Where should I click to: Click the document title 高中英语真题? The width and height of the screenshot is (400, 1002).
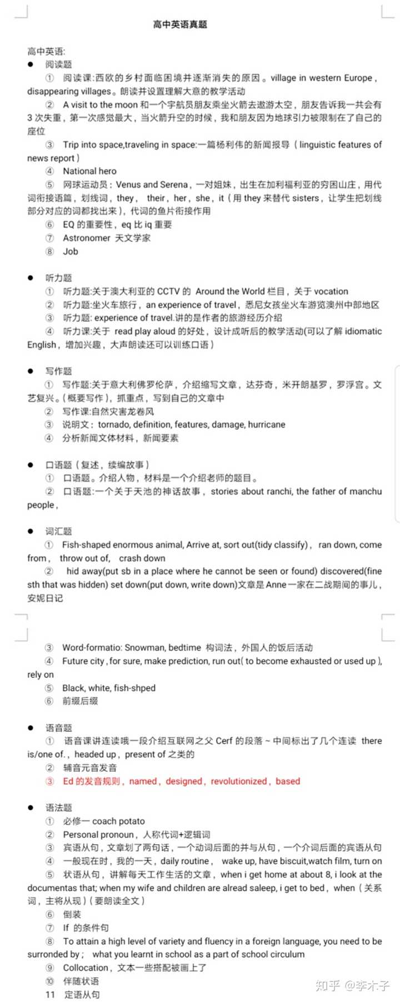click(x=180, y=24)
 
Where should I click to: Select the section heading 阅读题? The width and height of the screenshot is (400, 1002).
click(x=58, y=65)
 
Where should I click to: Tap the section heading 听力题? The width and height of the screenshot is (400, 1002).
click(x=58, y=278)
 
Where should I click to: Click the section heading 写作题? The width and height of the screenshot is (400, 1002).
click(x=58, y=371)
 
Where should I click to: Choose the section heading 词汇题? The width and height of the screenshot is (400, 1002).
click(x=58, y=532)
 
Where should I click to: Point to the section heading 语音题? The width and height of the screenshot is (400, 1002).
click(x=58, y=728)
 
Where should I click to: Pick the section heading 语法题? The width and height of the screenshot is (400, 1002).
click(x=58, y=808)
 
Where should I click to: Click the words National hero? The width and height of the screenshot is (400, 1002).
click(x=89, y=171)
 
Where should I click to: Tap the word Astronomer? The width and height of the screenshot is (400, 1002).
click(x=87, y=238)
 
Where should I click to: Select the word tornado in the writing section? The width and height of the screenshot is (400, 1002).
click(x=114, y=425)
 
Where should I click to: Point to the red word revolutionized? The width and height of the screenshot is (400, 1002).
click(x=239, y=781)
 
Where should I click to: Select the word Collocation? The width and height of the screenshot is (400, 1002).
click(x=86, y=968)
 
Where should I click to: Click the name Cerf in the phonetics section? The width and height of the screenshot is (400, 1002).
click(x=224, y=741)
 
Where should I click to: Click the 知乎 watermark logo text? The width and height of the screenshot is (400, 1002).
click(x=327, y=986)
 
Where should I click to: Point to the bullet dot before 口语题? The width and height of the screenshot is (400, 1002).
click(x=31, y=465)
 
